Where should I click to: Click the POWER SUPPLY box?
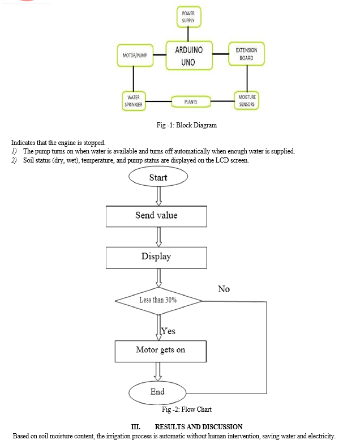point(189,17)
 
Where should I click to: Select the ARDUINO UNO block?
point(189,55)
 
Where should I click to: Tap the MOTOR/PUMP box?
point(135,55)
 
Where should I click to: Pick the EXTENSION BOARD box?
point(247,54)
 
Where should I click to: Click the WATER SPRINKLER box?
point(134,101)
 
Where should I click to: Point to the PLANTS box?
point(191,102)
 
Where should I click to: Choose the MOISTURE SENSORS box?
point(247,101)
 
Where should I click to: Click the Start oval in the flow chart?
point(158,177)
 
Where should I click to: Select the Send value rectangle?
point(156,216)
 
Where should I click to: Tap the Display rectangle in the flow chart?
point(156,258)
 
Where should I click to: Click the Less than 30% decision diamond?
point(158,301)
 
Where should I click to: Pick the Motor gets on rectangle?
point(161,351)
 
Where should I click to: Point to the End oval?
point(157,392)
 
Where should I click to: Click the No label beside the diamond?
point(224,289)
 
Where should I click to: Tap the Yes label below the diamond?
point(169,331)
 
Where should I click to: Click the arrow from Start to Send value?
point(158,196)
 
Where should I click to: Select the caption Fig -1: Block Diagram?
point(187,125)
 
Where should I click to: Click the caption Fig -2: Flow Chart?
point(187,409)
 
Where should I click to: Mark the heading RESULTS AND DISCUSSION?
point(199,427)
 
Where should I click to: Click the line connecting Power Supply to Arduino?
point(188,34)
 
